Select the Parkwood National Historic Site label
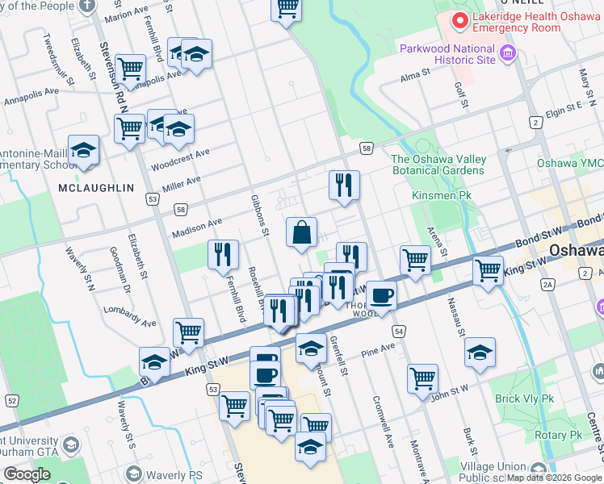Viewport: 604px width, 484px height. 447,54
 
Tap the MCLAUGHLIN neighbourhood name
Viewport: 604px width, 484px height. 96,188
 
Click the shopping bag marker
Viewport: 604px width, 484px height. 301,233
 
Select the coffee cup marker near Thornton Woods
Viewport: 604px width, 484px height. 381,295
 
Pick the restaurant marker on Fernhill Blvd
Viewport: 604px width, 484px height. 223,254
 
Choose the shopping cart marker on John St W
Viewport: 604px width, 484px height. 423,378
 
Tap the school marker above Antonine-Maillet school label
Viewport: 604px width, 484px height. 83,150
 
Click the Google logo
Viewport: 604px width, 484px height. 27,474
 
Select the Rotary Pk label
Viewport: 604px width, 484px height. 563,435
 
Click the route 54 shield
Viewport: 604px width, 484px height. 399,332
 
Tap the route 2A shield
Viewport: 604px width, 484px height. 548,284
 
